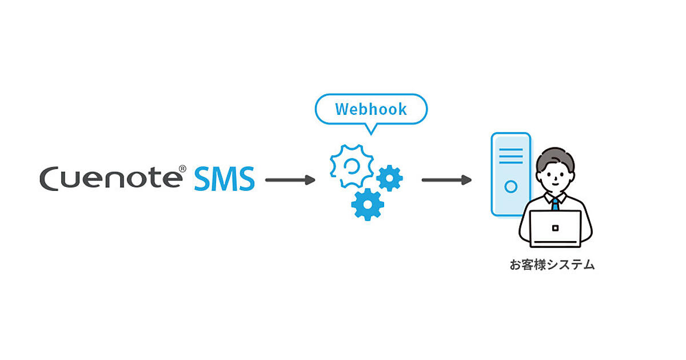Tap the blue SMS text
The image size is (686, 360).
224,179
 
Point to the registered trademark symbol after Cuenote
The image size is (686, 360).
182,169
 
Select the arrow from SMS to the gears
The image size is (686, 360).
290,180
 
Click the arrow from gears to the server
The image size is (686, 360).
446,180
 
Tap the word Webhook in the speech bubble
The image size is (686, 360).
371,109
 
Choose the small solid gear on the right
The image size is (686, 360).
390,178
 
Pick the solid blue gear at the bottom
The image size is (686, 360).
367,204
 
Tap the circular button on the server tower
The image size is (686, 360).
510,186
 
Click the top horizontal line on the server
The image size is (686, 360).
510,150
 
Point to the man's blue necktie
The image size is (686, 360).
555,204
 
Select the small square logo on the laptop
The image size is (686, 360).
555,228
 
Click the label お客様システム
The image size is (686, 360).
552,265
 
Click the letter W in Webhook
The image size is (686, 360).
343,109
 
